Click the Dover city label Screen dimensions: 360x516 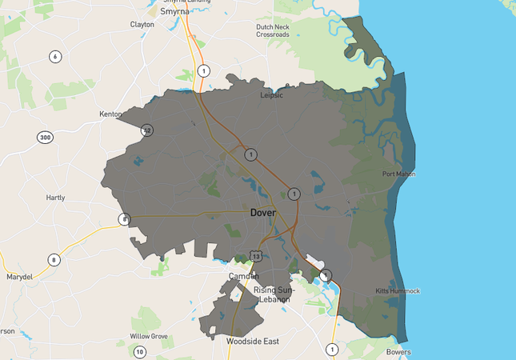pyautogui.click(x=263, y=213)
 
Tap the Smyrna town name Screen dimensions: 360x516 pyautogui.click(x=174, y=12)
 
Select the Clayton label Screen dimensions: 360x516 pyautogui.click(x=142, y=25)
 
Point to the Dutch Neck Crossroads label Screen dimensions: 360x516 pyautogui.click(x=273, y=30)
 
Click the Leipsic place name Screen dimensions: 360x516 pyautogui.click(x=272, y=95)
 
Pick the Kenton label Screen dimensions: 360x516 pyautogui.click(x=110, y=114)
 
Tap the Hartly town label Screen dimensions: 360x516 pyautogui.click(x=55, y=198)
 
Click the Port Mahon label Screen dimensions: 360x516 pyautogui.click(x=398, y=174)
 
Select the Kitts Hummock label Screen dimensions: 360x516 pyautogui.click(x=398, y=291)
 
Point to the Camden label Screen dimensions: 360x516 pyautogui.click(x=244, y=276)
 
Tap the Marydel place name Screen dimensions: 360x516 pyautogui.click(x=20, y=277)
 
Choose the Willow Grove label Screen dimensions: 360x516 pyautogui.click(x=149, y=336)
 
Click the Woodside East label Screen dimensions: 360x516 pyautogui.click(x=252, y=342)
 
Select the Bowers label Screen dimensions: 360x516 pyautogui.click(x=398, y=352)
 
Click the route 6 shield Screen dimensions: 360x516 pyautogui.click(x=55, y=56)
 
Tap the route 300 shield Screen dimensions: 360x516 pyautogui.click(x=45, y=138)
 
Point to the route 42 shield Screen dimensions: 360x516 pyautogui.click(x=146, y=130)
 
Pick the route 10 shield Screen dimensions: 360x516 pyautogui.click(x=140, y=352)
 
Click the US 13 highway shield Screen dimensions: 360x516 pyautogui.click(x=255, y=254)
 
